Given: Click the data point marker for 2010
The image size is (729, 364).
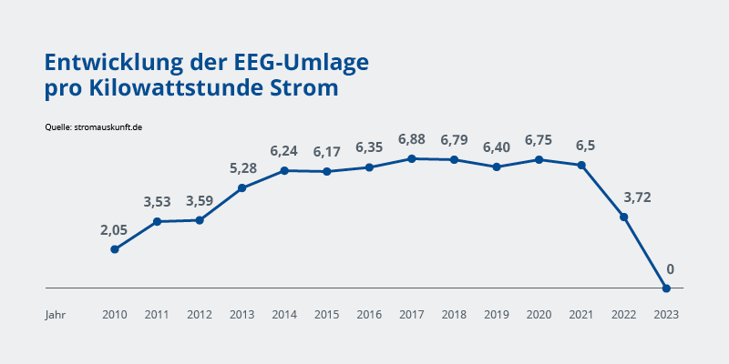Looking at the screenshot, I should pos(115,249).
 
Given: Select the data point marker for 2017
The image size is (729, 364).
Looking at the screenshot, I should pos(412,158).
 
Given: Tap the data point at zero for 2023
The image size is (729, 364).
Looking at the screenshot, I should pos(666,288).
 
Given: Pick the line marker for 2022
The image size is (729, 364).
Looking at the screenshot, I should pos(623,217).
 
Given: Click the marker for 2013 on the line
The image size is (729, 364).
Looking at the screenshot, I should pos(241,188).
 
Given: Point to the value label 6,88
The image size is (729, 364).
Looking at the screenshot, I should pos(412,139).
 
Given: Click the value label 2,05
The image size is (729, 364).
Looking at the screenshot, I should pos(115,230).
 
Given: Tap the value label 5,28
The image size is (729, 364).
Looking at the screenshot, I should pos(241,169).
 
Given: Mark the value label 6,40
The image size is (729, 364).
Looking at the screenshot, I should pos(497,147).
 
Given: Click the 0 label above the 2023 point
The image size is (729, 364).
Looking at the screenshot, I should pos(670,269).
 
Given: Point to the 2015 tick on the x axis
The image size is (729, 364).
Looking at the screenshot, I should pos(326,314).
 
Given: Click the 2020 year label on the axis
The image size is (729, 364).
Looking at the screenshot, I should pos(539,314).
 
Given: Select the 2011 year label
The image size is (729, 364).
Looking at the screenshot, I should pos(157,314).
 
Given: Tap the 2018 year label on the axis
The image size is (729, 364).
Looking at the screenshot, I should pos(454,314).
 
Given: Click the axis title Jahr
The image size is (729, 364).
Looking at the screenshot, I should pos(56,314).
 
